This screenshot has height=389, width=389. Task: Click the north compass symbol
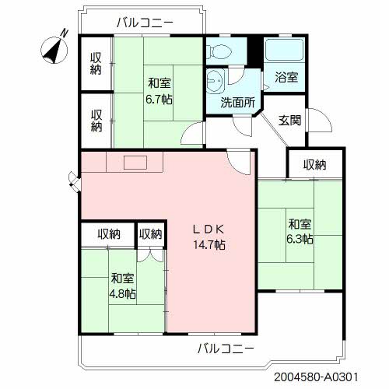(x=54, y=49)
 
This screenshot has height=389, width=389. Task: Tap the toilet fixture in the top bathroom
(x=219, y=51)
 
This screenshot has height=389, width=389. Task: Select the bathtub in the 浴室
(x=285, y=50)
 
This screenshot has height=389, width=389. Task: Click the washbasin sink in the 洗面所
(x=216, y=80)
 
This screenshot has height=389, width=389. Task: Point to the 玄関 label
(x=289, y=121)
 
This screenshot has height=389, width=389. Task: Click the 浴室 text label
(x=286, y=77)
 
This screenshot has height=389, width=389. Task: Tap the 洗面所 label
(x=237, y=103)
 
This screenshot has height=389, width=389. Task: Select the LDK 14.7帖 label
(x=209, y=237)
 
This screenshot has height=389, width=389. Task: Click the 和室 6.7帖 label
(x=159, y=91)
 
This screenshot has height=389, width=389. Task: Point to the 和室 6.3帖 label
(x=300, y=232)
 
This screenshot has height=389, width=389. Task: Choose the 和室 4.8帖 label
(x=122, y=286)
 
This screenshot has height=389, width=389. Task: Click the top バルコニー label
(x=145, y=23)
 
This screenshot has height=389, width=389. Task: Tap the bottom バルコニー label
(x=226, y=349)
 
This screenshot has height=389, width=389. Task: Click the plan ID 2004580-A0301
(x=316, y=377)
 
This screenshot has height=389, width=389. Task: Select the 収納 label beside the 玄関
(x=315, y=165)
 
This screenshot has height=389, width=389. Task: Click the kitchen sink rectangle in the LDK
(x=135, y=163)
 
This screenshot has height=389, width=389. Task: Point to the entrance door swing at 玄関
(x=320, y=121)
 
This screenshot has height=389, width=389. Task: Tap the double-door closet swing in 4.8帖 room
(x=150, y=255)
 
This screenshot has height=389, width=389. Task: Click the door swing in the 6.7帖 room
(x=193, y=134)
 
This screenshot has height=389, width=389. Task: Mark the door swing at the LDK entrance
(x=239, y=163)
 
